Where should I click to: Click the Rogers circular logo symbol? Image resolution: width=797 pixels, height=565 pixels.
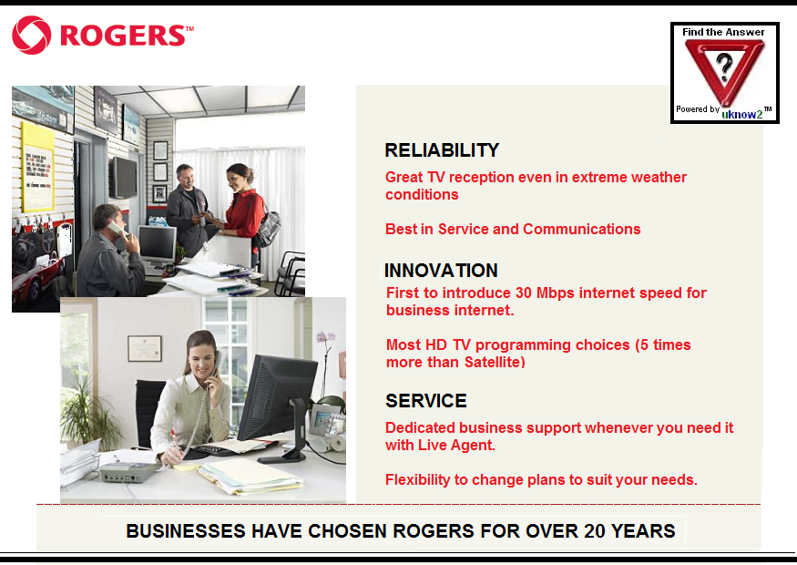point(32,36)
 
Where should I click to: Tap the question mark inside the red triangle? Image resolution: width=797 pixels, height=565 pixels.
point(724,67)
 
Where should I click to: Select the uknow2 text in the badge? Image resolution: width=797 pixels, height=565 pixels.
point(742,115)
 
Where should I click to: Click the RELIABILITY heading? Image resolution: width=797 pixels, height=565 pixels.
point(442,150)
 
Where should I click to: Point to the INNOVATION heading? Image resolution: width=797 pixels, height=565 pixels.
point(441,271)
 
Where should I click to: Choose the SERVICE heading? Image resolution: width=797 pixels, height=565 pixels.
point(426,401)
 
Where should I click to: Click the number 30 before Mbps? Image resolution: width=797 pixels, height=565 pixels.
point(523,293)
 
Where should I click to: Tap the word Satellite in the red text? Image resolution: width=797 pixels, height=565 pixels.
point(493,362)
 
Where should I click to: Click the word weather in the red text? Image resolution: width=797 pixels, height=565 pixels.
point(659,177)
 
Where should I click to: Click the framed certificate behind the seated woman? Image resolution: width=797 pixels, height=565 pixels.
point(144,348)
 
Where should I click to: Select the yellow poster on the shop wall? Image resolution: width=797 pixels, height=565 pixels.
point(38,168)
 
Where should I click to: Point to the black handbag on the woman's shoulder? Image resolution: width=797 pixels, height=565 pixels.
point(268,226)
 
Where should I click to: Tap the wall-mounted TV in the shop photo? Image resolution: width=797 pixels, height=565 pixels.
point(124,178)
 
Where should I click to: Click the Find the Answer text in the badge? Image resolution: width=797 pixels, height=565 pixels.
point(723,32)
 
